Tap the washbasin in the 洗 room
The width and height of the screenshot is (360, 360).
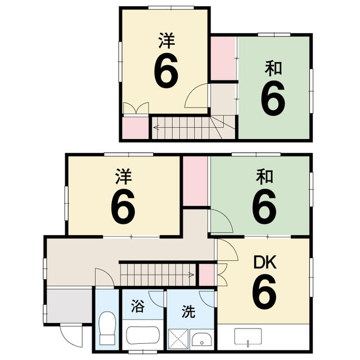[x=201, y=339]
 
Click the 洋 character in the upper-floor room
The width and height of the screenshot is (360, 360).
[x=166, y=40]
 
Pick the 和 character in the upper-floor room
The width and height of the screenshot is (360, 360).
[x=273, y=69]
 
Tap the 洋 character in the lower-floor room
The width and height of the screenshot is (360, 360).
[x=123, y=177]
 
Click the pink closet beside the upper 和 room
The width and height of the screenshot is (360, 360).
[x=223, y=58]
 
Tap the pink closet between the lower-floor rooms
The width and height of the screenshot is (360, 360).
[x=196, y=181]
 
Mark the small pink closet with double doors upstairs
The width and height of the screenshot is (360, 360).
[x=136, y=127]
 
